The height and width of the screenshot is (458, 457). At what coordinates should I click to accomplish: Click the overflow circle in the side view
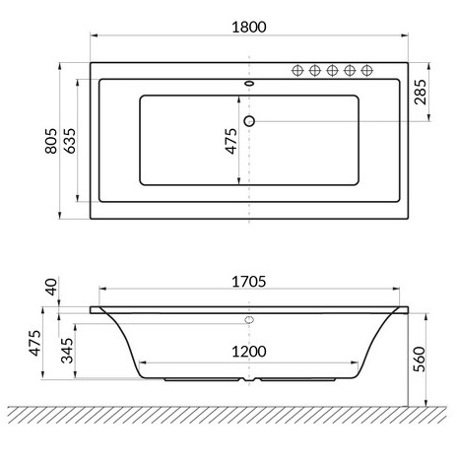pyautogui.click(x=249, y=320)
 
